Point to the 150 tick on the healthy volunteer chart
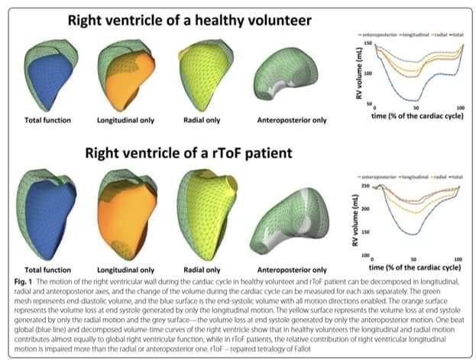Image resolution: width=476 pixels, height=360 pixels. pos(368,44)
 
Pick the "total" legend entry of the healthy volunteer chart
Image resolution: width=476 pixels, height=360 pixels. pos(461,35)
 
